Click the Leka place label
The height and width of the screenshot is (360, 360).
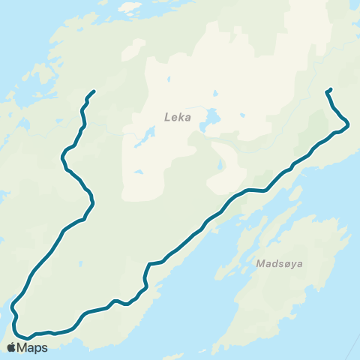tap(178, 118)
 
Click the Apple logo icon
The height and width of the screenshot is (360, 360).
tap(11, 347)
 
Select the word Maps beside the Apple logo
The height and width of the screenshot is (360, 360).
tap(33, 347)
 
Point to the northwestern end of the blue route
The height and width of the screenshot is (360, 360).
tap(94, 91)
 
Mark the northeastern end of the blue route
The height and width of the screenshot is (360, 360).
tap(330, 90)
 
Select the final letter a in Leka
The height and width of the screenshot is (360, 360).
tap(187, 118)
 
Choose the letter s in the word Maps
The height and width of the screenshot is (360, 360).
tap(44, 348)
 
